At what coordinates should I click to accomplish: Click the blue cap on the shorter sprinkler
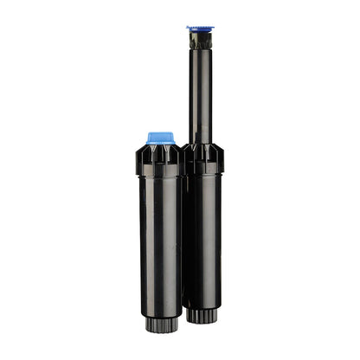coord(160,137)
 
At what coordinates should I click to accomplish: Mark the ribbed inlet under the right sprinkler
coord(204,316)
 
